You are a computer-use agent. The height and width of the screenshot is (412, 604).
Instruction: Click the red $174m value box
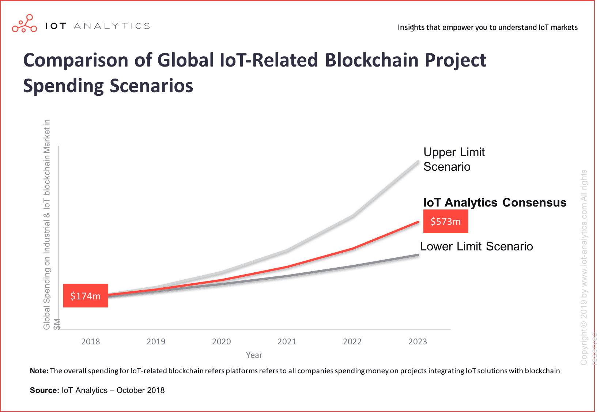(x=86, y=295)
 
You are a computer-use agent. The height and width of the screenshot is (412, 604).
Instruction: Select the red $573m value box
(x=445, y=221)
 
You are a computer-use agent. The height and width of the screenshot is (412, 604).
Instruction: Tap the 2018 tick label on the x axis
(x=90, y=341)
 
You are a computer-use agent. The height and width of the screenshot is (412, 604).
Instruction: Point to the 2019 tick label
(x=156, y=341)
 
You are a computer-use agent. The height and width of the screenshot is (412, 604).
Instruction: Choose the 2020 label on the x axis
(x=221, y=341)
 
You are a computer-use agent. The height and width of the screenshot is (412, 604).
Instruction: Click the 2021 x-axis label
(x=287, y=341)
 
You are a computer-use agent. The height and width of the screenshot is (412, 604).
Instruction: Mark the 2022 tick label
(x=352, y=341)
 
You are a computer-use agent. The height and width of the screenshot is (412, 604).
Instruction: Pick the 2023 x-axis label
(x=418, y=341)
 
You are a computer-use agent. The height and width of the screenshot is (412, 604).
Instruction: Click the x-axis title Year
(x=254, y=355)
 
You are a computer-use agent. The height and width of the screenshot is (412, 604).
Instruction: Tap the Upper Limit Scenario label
(x=454, y=159)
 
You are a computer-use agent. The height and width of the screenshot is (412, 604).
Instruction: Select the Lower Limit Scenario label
(x=476, y=246)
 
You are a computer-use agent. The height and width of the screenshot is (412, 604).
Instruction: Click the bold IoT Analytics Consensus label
(x=494, y=203)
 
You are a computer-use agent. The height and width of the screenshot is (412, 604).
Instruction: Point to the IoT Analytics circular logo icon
(x=24, y=24)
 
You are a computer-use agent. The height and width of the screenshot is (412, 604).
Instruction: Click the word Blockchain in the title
(x=371, y=60)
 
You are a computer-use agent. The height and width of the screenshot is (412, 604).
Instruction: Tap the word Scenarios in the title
(x=151, y=86)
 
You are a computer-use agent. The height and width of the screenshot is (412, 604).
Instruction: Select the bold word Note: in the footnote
(x=39, y=371)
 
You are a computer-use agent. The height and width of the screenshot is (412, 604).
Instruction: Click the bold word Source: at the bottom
(x=44, y=390)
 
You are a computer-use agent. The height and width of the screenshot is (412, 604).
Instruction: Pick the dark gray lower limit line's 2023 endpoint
(x=418, y=255)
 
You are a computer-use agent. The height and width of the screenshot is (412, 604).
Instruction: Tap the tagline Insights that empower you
(x=487, y=27)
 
